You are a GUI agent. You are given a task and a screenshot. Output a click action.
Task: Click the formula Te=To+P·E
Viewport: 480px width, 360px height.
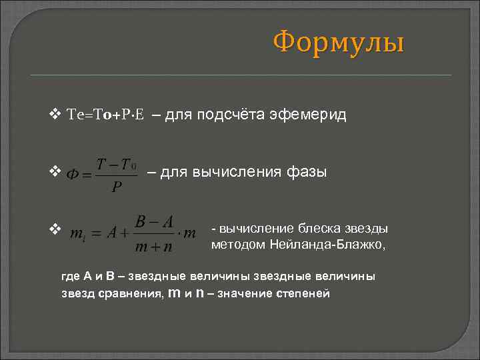coord(106,115)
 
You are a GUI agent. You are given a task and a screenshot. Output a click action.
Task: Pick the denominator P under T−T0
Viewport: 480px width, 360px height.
coord(117,187)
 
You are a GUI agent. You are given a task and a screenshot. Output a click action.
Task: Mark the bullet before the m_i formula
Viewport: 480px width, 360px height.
coord(55,229)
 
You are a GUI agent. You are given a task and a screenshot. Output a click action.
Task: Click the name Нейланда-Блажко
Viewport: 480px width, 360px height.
coord(327,245)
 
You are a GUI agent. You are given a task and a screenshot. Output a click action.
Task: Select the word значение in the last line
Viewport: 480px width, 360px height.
coord(247,294)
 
